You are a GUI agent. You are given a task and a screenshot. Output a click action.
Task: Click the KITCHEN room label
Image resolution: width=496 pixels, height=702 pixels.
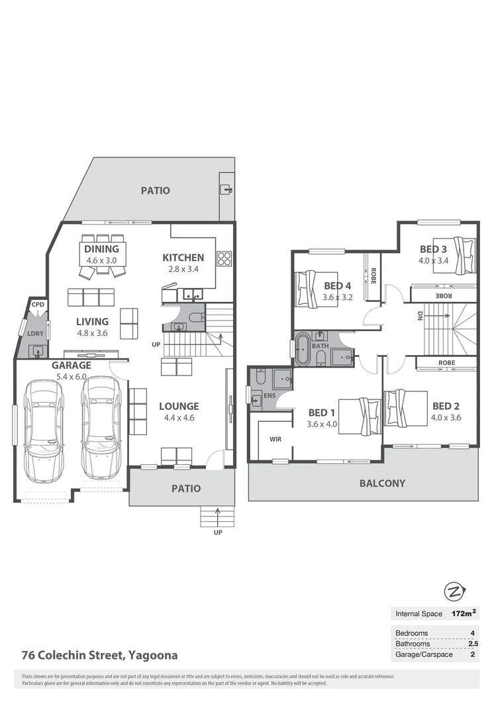[183, 258]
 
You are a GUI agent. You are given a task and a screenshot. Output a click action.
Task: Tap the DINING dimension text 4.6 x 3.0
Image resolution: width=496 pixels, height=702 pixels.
[102, 260]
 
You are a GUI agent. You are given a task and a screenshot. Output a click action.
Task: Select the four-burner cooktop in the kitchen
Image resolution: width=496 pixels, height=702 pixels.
[224, 258]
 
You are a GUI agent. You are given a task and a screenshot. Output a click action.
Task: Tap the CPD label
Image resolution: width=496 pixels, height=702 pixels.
[38, 305]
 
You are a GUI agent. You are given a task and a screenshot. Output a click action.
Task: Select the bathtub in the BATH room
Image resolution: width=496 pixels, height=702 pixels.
[303, 350]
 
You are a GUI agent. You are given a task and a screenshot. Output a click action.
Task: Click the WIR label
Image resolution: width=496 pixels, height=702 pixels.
[276, 439]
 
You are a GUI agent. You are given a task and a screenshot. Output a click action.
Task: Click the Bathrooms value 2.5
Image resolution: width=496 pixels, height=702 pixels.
[472, 644]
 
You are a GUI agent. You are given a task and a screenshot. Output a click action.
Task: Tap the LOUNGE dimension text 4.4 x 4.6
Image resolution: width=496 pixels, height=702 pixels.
[179, 417]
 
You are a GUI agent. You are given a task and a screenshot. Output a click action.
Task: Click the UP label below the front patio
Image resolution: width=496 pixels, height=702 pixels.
[218, 532]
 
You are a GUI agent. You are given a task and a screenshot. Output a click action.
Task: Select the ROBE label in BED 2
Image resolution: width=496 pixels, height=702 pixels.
[446, 362]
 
